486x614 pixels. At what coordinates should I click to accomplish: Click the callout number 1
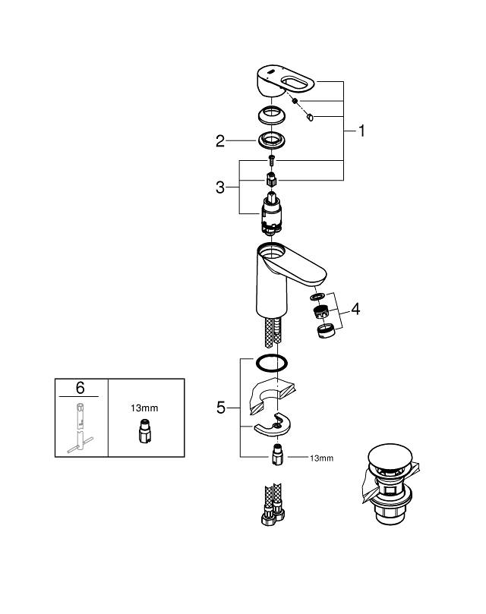point(361,131)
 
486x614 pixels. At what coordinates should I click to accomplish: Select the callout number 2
point(220,140)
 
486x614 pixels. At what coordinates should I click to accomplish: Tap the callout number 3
point(220,187)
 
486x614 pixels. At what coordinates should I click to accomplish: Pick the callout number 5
point(221,408)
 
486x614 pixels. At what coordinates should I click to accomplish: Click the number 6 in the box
point(80,387)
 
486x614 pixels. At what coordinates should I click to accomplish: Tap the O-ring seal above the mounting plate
point(271,363)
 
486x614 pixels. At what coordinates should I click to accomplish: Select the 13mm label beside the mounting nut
point(321,458)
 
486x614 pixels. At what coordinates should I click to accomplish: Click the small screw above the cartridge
point(272,159)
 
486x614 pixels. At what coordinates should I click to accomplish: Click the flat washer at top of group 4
point(318,296)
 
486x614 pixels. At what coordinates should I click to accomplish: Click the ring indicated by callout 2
point(271,140)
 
